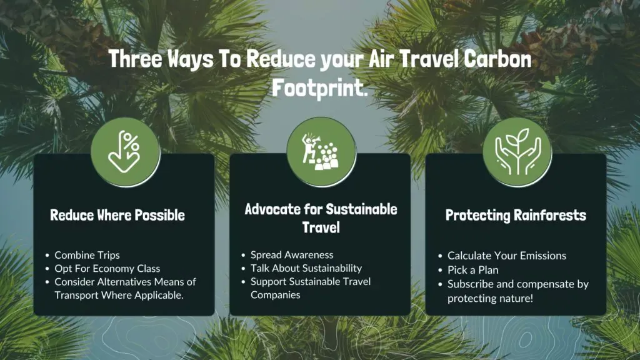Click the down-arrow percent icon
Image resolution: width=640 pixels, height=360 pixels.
point(124,152)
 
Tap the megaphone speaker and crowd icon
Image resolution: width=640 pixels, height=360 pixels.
point(321,151)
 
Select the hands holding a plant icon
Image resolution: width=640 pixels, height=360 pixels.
point(517,151)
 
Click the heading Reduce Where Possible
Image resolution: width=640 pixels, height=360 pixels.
point(117,215)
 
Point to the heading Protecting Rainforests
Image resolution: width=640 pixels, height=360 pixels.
point(516,215)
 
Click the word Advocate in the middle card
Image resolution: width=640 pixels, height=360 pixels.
point(272,209)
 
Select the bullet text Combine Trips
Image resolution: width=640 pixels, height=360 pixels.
point(87,255)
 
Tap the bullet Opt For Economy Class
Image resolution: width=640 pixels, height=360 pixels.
point(107,269)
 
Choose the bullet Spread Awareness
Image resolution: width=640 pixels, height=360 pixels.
point(292,255)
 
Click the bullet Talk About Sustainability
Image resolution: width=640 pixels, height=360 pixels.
point(306,268)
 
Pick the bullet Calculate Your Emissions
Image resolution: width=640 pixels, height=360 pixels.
point(507,256)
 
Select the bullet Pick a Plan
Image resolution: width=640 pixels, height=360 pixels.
point(473,270)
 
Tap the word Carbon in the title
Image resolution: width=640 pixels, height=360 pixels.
point(497,59)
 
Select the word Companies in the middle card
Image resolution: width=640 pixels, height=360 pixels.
point(276,295)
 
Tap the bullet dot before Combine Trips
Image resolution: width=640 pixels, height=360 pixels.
point(47,256)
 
